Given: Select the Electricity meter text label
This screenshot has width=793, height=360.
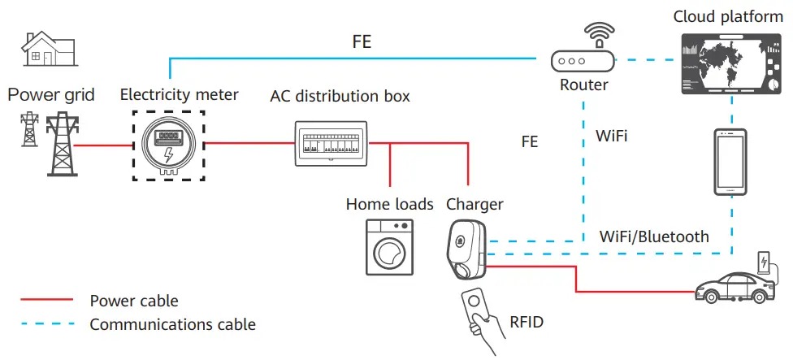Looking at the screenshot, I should [x=179, y=95].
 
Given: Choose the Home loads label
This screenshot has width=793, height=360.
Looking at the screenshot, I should [x=389, y=204].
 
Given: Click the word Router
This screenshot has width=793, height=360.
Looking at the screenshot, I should [x=583, y=85].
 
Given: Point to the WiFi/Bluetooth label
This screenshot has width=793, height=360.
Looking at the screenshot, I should [x=653, y=237].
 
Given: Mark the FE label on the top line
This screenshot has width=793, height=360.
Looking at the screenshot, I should [x=362, y=42].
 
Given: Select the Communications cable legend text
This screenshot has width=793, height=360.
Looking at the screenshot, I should [x=172, y=325].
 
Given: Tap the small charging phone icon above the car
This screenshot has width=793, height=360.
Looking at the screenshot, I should [x=763, y=262].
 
